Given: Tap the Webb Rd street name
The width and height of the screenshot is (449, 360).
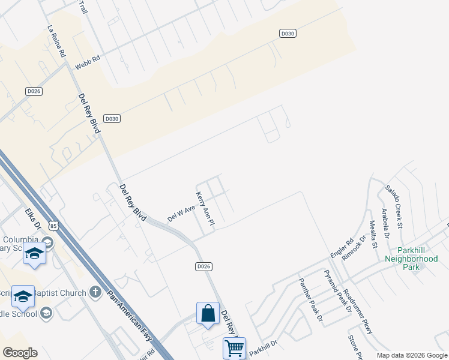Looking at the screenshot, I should tap(87, 61).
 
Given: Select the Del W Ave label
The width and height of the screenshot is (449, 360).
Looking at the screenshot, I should tap(182, 213).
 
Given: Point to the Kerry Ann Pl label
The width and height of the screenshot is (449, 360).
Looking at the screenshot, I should tap(205, 208).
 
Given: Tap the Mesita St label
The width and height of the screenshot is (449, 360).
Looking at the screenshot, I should tap(373, 233).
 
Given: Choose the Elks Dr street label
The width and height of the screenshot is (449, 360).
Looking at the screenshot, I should tap(33, 220).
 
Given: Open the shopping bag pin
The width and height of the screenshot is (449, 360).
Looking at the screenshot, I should tap(208, 314).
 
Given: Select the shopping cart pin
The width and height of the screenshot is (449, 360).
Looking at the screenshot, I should tap(234, 348).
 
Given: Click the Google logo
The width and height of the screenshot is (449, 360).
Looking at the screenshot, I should tap(20, 353).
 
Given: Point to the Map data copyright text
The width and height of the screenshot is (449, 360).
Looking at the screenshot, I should tap(411, 355).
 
